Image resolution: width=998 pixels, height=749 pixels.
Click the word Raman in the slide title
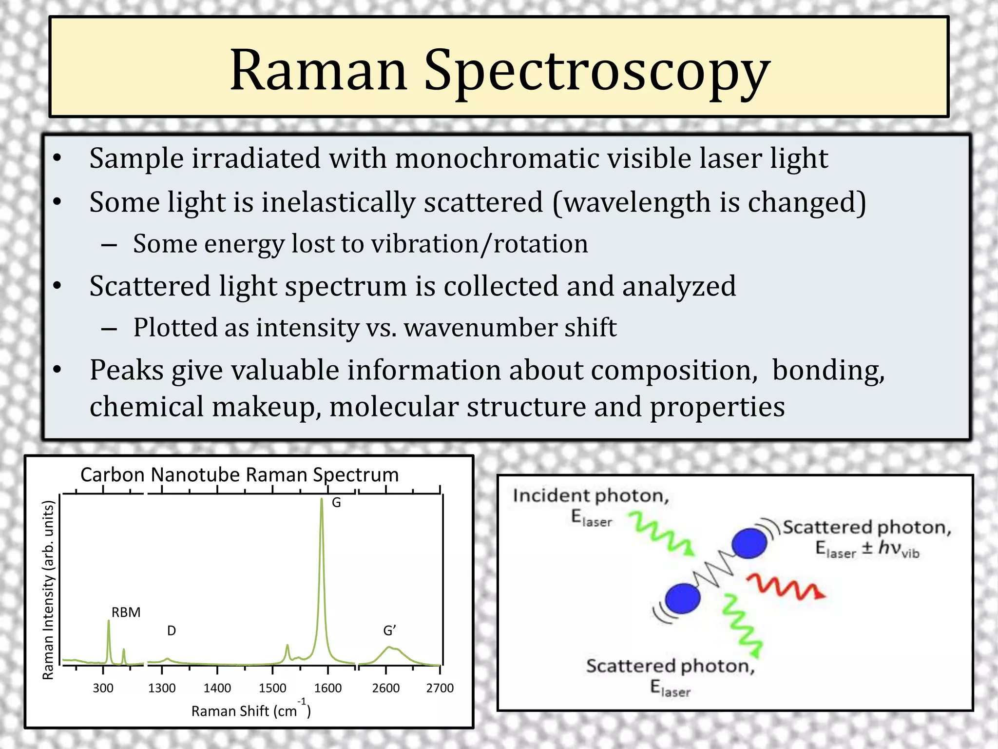coord(318,71)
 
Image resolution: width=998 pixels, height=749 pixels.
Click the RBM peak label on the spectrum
coord(126,612)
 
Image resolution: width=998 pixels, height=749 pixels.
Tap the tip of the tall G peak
coord(322,500)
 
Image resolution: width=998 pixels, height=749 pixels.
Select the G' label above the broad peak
coord(389,631)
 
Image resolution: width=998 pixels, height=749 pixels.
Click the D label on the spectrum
coord(172,631)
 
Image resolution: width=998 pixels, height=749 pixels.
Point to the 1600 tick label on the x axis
coord(327,688)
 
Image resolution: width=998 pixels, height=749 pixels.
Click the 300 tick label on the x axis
coord(103,688)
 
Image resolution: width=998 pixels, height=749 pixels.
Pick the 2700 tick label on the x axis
coord(440,688)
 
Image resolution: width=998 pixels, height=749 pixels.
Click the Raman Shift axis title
coord(251,710)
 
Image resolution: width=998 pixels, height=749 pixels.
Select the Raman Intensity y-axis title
coord(48,590)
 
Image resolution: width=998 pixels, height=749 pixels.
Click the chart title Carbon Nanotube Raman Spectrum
coord(239,474)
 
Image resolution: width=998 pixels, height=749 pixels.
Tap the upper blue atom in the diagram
coord(749,543)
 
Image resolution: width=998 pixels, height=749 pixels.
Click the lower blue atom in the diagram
coord(682,599)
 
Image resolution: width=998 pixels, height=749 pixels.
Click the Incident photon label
coord(591,496)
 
